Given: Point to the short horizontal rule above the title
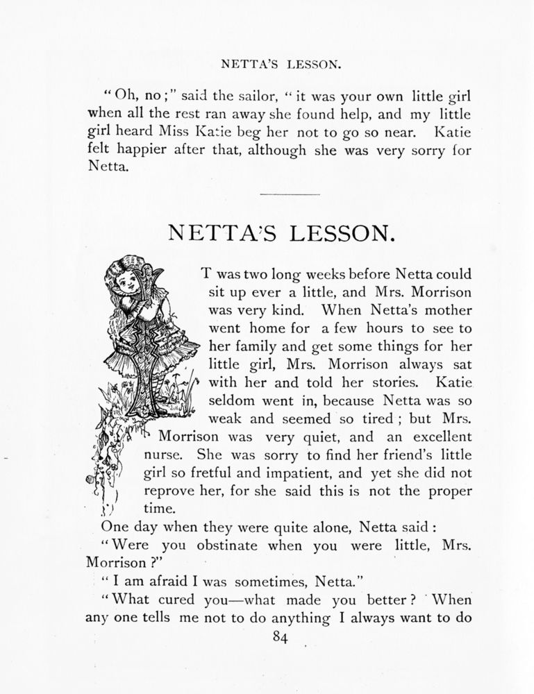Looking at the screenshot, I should click(x=289, y=194).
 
